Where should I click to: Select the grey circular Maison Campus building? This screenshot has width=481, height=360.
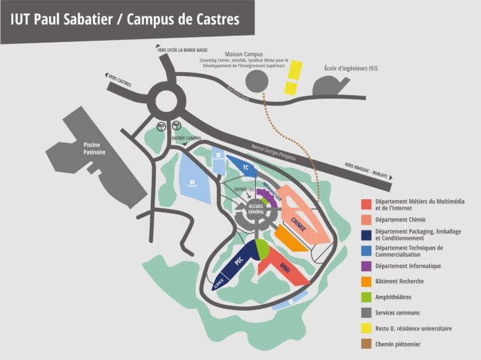[256, 81]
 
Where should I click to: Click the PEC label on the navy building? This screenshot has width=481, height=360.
[238, 262]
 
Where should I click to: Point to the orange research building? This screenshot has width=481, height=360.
[291, 239]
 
